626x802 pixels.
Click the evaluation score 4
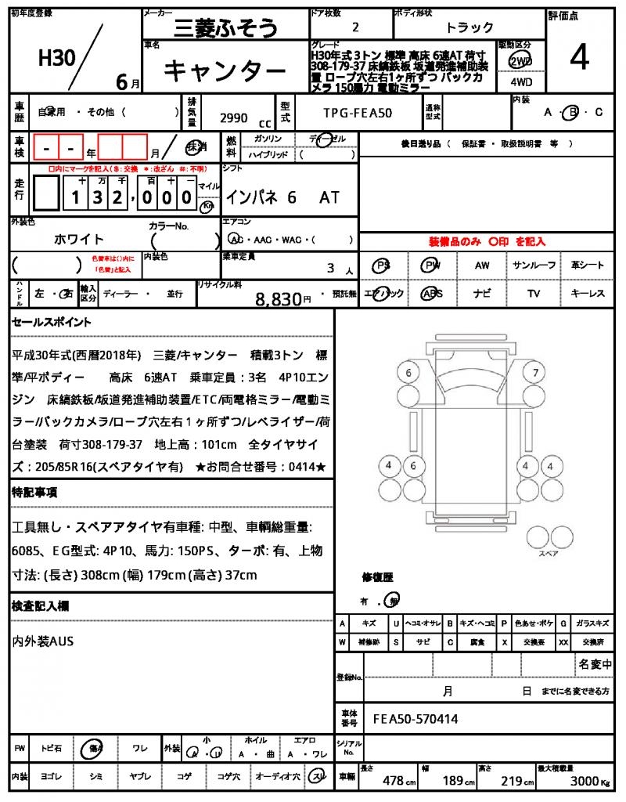click(579, 57)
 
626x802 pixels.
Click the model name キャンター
click(225, 72)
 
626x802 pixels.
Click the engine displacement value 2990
click(234, 117)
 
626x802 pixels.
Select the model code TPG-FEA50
click(358, 113)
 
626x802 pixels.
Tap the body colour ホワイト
click(78, 239)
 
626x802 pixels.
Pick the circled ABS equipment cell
click(431, 294)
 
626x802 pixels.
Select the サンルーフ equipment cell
click(534, 266)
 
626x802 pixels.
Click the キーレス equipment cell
click(587, 294)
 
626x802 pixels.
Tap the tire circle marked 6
click(408, 373)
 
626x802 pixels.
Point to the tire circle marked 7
click(535, 373)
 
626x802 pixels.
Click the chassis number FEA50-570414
click(416, 718)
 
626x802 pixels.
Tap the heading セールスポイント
click(52, 322)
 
